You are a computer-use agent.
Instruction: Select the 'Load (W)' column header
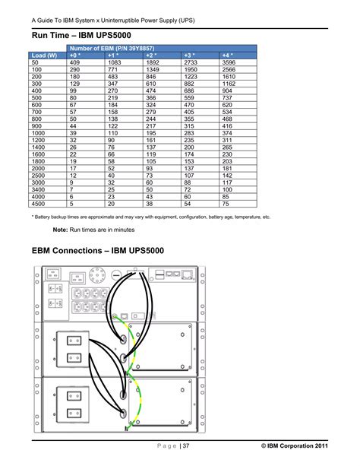[45, 55]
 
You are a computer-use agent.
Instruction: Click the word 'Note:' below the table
[62, 229]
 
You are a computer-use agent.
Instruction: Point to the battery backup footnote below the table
[151, 217]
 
